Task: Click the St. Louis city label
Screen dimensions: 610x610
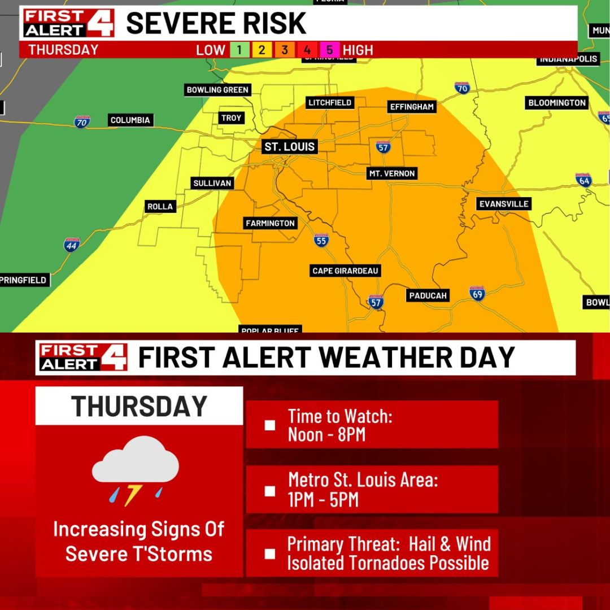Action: pos(290,147)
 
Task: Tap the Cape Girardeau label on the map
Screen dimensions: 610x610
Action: pos(345,271)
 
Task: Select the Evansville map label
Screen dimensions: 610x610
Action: pos(503,204)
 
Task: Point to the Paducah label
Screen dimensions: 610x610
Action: pos(428,295)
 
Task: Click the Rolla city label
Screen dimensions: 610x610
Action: pos(160,207)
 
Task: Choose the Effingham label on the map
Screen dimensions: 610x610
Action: pos(412,107)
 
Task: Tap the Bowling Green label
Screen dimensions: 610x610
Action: pos(217,90)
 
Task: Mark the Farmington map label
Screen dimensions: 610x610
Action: pos(270,224)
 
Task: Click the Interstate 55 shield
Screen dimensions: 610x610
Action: pos(321,241)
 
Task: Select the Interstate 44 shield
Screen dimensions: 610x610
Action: pos(72,245)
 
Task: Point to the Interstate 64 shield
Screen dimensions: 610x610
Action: pos(583,180)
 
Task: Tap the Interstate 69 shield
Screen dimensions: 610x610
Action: pos(477,293)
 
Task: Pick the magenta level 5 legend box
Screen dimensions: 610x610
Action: pos(330,50)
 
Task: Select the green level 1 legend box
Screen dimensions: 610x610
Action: pos(239,50)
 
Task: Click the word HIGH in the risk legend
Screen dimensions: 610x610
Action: pos(358,50)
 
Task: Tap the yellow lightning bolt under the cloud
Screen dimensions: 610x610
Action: pos(132,495)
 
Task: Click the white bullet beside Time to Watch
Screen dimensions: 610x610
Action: pos(270,425)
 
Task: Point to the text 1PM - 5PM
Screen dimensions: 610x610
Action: pos(323,500)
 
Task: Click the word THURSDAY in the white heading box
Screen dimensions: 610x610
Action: pos(139,406)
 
